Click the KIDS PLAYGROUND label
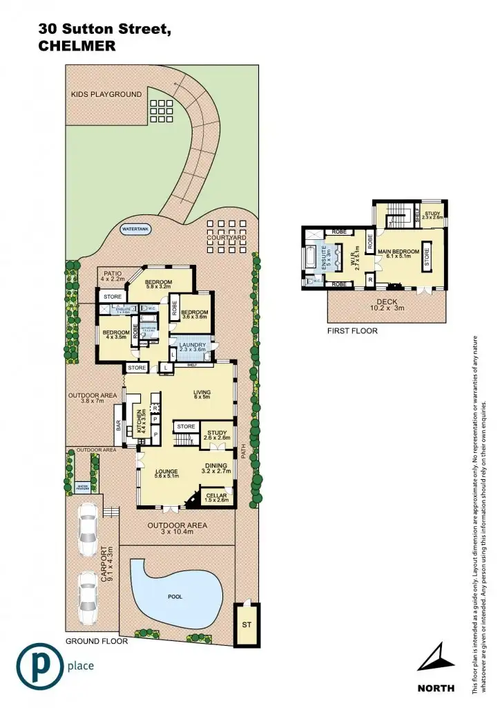(x=106, y=94)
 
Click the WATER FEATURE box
(x=84, y=486)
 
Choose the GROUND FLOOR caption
(x=97, y=641)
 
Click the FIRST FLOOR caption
(x=352, y=331)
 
